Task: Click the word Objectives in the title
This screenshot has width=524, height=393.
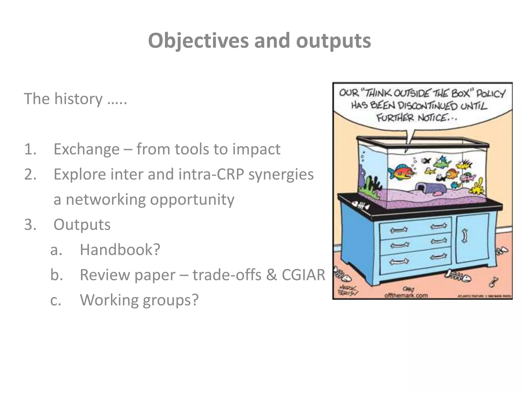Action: [198, 41]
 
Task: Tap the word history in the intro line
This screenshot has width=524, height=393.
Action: [78, 99]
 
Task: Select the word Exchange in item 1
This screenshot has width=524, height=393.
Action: [86, 149]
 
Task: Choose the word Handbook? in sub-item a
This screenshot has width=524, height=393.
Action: [120, 250]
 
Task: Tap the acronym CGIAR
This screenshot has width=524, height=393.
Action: [303, 275]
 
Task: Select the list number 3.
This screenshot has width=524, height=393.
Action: [30, 225]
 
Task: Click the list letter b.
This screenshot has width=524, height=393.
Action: [56, 275]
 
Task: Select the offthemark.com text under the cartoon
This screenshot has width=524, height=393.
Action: [406, 296]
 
